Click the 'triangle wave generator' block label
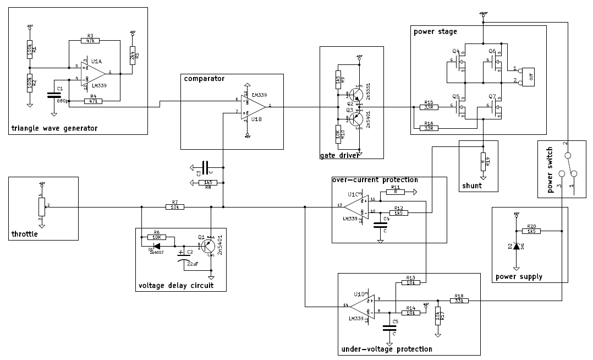pyautogui.click(x=54, y=128)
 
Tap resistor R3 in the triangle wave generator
pyautogui.click(x=90, y=40)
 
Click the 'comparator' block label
pyautogui.click(x=204, y=79)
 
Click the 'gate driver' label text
pyautogui.click(x=339, y=156)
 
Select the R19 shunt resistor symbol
pyautogui.click(x=483, y=162)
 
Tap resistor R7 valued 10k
pyautogui.click(x=175, y=207)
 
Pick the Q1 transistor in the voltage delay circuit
pyautogui.click(x=208, y=247)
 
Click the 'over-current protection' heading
pyautogui.click(x=375, y=179)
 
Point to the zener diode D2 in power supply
pyautogui.click(x=516, y=246)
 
